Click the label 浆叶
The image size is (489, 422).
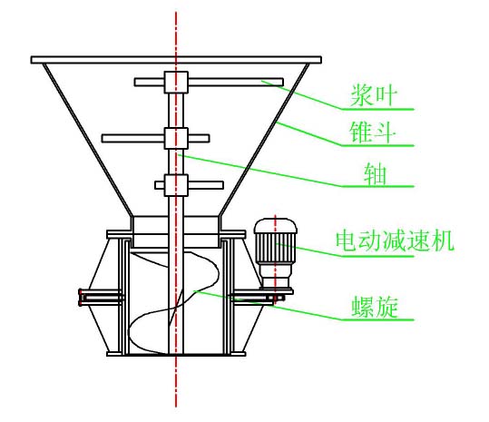[x=369, y=93]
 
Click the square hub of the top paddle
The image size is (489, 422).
[x=175, y=82]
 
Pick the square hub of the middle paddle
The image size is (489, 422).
[x=175, y=138]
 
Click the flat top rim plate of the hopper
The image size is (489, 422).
[x=176, y=60]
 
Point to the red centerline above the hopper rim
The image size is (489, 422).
[x=175, y=27]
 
